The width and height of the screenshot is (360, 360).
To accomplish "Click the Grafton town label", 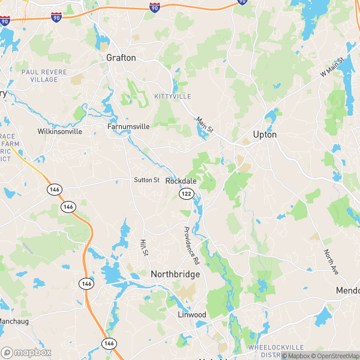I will (x=121, y=58).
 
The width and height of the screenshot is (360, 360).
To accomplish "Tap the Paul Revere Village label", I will (x=40, y=76).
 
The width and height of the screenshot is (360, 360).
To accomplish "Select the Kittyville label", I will (x=172, y=97).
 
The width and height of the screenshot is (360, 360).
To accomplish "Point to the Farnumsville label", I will (x=128, y=127).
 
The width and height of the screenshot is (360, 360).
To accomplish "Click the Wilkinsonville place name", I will (x=59, y=131).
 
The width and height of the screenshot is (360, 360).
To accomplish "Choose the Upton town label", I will (x=265, y=135).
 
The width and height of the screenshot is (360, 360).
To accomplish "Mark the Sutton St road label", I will (x=146, y=180).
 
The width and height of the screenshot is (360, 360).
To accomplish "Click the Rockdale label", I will (x=181, y=181).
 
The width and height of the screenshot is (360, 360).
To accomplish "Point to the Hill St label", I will (x=144, y=247).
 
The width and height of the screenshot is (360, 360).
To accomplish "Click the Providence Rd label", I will (x=191, y=246).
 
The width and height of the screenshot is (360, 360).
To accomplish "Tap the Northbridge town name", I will (x=175, y=274).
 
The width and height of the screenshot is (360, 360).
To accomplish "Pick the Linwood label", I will (x=191, y=315).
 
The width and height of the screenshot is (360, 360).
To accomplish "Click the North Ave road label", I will (x=331, y=262).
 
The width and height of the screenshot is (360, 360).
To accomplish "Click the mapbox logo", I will (x=26, y=352).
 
